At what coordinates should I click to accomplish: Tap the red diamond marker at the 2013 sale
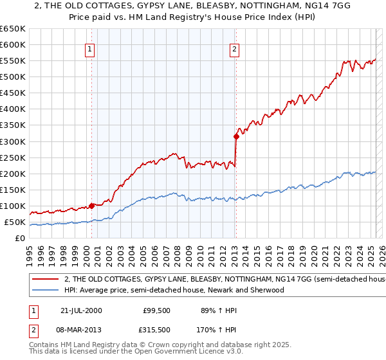(236, 136)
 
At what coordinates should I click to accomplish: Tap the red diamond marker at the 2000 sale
(92, 206)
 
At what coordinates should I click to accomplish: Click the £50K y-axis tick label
(15, 222)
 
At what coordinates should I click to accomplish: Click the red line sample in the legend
(46, 280)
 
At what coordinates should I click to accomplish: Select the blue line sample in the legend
(46, 290)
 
